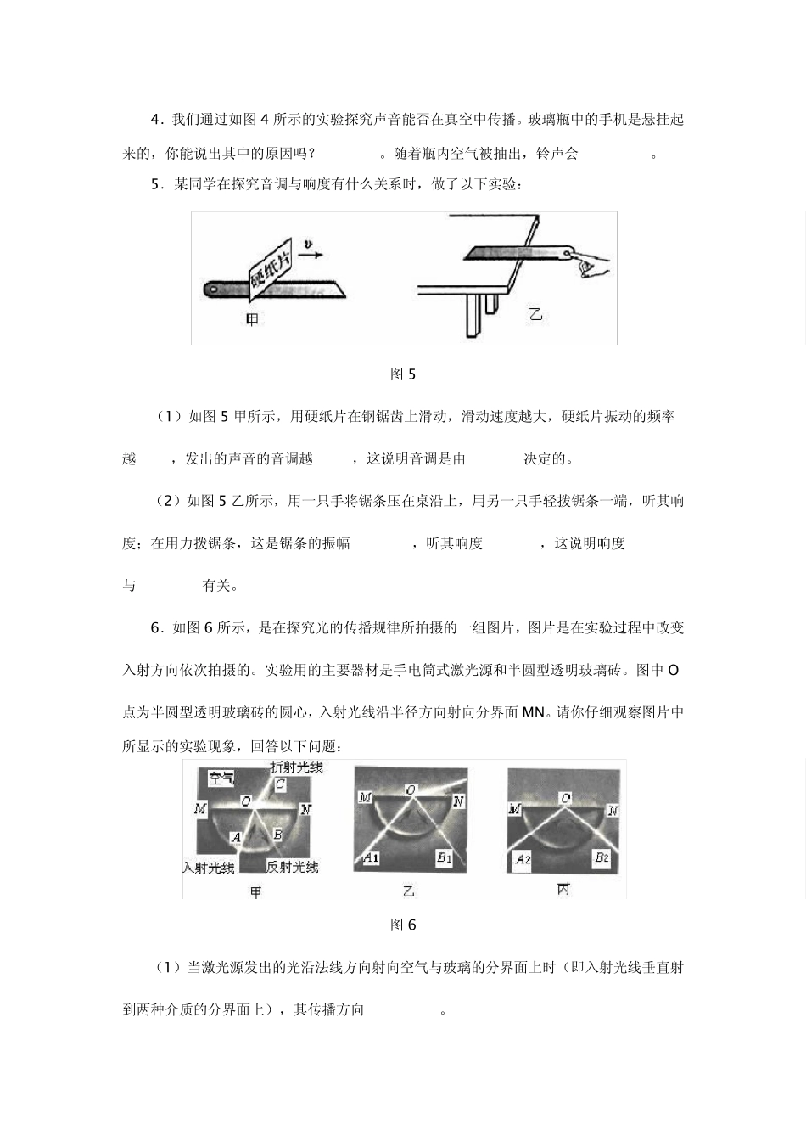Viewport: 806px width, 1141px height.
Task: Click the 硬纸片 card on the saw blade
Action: click(x=270, y=272)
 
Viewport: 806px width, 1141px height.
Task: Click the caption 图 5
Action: click(x=402, y=374)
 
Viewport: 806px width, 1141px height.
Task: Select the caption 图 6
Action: click(x=403, y=925)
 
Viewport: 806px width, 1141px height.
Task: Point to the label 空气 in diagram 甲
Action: click(x=222, y=778)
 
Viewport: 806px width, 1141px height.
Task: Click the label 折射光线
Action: click(x=296, y=767)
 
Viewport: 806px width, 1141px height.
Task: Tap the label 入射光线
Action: click(x=208, y=867)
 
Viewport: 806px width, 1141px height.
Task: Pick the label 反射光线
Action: click(x=292, y=867)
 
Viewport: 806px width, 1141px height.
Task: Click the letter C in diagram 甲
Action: click(x=279, y=784)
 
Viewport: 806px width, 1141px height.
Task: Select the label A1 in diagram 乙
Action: click(x=370, y=857)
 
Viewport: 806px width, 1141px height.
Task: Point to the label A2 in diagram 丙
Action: click(x=523, y=859)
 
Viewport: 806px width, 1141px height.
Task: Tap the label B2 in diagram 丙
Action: click(x=602, y=857)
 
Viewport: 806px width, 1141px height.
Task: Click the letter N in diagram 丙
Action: click(x=613, y=811)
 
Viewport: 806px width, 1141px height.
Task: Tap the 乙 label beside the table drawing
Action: click(x=535, y=315)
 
